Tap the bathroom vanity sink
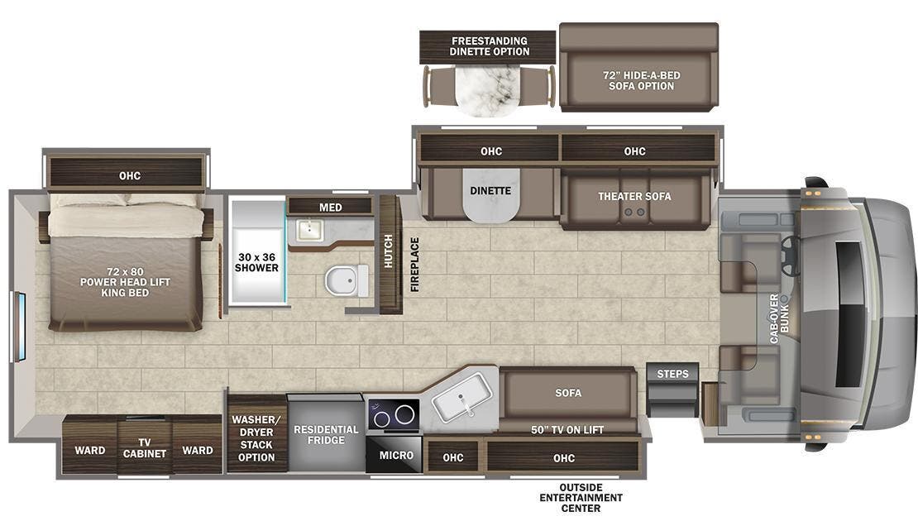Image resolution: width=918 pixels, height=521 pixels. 308,229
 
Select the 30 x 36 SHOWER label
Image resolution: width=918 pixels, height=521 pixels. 256,261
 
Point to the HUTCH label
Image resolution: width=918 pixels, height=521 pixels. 389,251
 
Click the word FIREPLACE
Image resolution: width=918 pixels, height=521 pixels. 415,265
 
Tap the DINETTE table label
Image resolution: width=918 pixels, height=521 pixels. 491,191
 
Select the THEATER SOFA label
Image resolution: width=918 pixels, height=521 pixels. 634,196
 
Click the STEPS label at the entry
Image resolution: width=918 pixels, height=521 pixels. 672,374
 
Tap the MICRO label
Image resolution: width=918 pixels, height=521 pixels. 396,456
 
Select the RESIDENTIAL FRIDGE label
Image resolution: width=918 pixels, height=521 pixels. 326,435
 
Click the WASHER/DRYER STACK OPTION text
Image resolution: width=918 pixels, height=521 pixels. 256,438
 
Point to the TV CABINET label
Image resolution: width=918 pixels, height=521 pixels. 145,447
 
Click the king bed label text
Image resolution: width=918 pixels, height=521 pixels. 126,282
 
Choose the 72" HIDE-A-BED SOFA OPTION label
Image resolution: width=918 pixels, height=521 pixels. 640,80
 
